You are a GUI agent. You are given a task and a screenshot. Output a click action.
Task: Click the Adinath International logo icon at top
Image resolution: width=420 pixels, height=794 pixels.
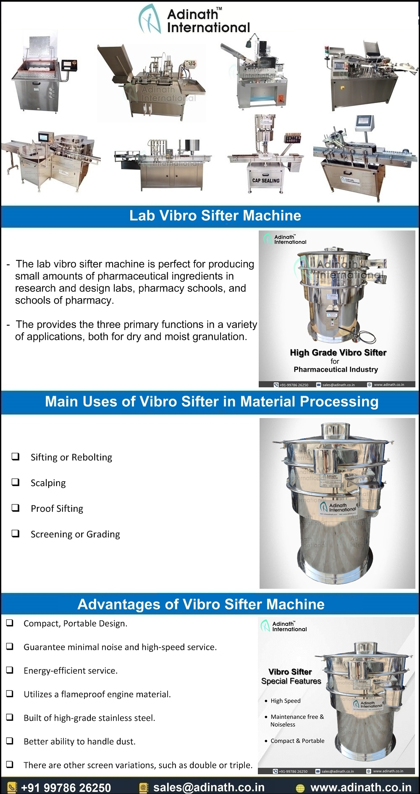point(150,19)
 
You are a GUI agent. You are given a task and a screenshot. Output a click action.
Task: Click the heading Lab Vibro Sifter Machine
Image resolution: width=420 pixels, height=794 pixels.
point(215,216)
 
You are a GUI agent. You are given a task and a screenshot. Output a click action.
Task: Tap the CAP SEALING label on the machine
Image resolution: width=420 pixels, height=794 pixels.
point(265,180)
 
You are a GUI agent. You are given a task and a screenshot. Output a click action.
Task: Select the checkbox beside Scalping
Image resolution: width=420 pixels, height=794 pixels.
point(16,482)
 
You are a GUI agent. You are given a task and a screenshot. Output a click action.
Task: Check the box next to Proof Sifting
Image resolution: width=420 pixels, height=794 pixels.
point(16,508)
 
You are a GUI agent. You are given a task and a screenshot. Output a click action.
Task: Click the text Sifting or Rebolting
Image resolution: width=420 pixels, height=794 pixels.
point(71,457)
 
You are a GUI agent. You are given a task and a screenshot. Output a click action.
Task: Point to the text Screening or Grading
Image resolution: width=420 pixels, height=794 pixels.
point(75,534)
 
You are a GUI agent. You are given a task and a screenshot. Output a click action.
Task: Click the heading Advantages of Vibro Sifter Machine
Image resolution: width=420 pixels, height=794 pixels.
point(201,604)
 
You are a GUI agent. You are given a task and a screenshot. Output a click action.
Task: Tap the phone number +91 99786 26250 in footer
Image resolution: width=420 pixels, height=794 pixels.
point(66,788)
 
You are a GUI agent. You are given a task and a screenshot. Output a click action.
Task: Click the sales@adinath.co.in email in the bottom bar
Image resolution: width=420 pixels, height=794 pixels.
point(209,787)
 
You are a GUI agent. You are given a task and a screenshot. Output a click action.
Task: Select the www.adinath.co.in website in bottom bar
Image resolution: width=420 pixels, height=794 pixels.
point(360,787)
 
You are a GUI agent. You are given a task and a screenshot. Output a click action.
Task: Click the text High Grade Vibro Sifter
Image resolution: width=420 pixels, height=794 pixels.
point(338,352)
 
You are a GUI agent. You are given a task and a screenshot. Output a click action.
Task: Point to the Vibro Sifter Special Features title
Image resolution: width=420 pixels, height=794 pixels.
point(291,676)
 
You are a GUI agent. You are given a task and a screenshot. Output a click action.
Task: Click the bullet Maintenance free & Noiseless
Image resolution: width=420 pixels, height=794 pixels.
point(297,720)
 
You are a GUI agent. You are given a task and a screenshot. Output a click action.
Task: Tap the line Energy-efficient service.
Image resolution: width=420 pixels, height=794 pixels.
point(70,671)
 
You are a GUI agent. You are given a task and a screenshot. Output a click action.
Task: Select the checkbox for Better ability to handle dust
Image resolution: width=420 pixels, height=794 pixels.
point(10,741)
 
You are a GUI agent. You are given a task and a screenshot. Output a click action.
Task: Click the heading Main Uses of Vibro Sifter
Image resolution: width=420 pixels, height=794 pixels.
point(211,402)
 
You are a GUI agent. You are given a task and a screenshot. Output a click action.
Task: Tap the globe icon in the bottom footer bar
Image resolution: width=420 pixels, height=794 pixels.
point(300,788)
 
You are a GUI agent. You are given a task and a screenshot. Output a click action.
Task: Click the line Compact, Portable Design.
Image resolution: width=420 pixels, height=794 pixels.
point(75,624)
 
